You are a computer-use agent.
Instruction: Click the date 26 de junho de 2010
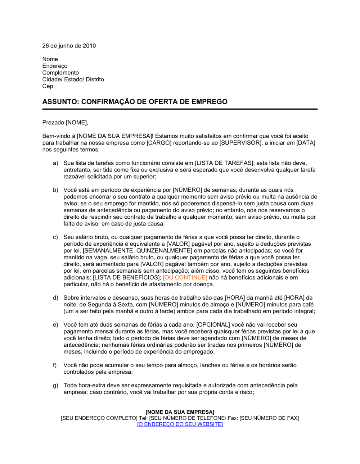(69, 46)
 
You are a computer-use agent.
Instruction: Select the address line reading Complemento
(60, 73)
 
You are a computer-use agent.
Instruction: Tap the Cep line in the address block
(48, 86)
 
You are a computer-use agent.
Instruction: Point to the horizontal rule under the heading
(180, 109)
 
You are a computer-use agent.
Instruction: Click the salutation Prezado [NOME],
(65, 123)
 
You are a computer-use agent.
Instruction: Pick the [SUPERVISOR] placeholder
(240, 143)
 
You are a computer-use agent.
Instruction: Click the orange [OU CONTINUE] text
(185, 277)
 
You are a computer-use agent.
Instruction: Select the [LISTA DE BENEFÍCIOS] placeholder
(126, 277)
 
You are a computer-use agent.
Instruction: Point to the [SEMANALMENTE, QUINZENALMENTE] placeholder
(138, 250)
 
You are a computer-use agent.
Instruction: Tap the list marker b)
(55, 190)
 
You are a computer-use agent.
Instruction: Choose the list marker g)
(55, 385)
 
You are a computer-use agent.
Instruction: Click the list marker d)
(55, 297)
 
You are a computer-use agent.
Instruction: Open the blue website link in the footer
(180, 424)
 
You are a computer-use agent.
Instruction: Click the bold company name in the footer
(180, 412)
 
